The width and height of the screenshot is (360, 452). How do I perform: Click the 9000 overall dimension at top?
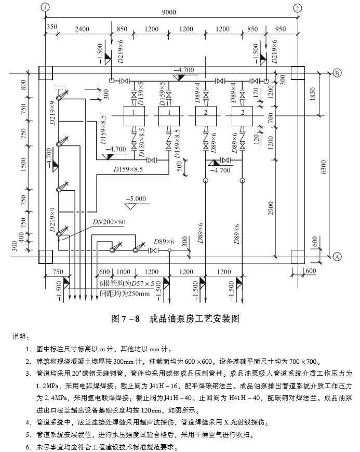(169, 12)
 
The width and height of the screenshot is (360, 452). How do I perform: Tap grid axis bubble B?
(337, 73)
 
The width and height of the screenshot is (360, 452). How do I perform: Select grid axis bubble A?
(337, 257)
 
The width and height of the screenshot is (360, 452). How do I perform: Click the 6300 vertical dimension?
(324, 167)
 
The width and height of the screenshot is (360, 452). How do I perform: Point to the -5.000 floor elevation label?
(136, 198)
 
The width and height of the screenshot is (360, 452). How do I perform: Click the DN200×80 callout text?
(109, 222)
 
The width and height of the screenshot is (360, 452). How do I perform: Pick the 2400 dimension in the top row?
(82, 29)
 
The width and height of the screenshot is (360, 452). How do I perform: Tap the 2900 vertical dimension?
(271, 209)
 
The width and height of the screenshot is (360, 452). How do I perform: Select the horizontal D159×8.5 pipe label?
(128, 169)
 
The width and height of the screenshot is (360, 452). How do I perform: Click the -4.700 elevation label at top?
(184, 70)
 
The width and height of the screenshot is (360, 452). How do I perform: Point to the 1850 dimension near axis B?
(312, 94)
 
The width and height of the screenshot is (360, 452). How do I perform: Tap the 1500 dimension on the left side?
(23, 165)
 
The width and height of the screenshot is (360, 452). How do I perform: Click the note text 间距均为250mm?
(125, 294)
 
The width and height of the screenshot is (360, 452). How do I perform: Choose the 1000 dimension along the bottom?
(123, 272)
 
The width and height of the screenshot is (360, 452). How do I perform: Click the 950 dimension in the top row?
(281, 29)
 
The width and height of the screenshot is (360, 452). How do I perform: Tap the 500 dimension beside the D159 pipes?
(179, 166)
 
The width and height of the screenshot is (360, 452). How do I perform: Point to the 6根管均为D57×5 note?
(127, 284)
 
